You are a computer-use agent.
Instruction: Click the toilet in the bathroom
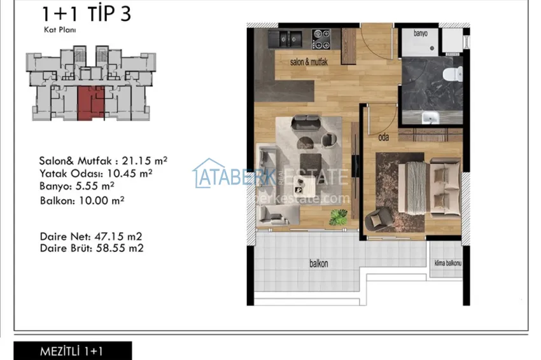[453, 75]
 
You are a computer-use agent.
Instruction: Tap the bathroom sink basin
[430, 117]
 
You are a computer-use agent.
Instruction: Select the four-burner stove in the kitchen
[319, 38]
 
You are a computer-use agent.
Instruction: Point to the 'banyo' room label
[421, 33]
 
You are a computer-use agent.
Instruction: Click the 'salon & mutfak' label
[309, 62]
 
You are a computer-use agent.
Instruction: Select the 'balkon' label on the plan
[319, 263]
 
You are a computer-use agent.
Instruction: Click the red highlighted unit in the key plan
[89, 102]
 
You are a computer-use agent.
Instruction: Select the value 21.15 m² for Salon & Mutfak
[146, 161]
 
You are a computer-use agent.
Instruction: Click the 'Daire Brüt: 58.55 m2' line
[91, 248]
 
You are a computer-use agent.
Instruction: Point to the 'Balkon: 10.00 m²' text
[81, 200]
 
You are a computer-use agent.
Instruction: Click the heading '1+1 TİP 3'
[86, 13]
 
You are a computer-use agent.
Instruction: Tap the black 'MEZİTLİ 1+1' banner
[73, 350]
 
